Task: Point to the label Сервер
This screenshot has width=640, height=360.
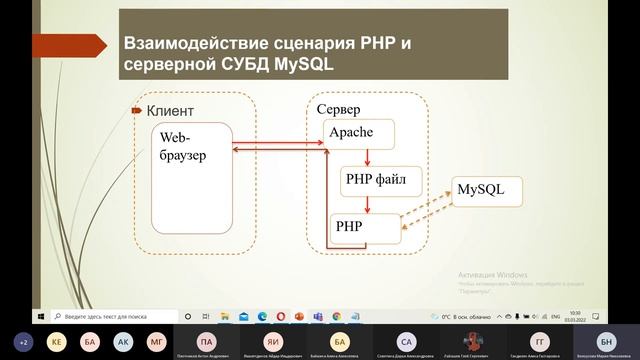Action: click(338, 108)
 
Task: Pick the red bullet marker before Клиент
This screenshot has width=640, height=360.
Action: click(138, 111)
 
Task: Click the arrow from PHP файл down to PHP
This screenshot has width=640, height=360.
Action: click(368, 204)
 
